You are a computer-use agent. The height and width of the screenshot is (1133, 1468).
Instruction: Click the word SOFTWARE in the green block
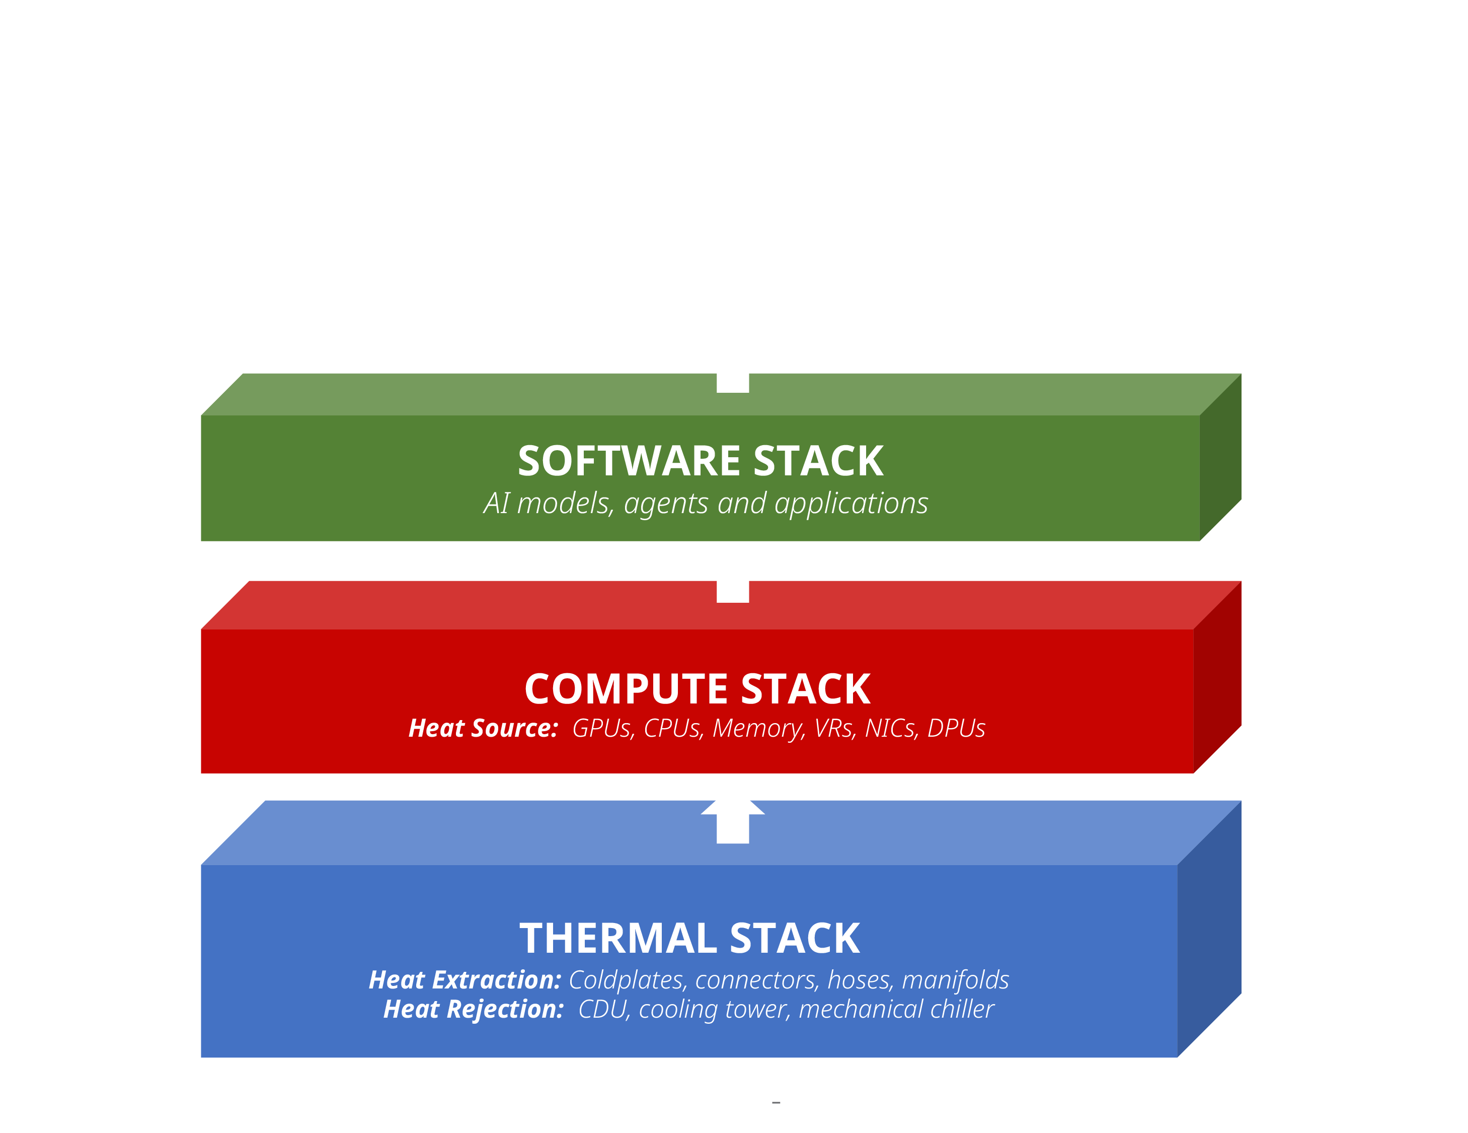pyautogui.click(x=629, y=461)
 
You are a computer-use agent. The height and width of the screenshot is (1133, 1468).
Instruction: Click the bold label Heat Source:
pyautogui.click(x=483, y=728)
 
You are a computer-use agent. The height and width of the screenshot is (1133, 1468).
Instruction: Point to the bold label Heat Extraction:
pyautogui.click(x=465, y=980)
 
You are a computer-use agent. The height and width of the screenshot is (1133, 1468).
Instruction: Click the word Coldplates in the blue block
pyautogui.click(x=626, y=980)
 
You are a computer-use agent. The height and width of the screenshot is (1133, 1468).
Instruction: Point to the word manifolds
pyautogui.click(x=955, y=980)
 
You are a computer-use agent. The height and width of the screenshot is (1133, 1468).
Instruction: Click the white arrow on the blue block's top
pyautogui.click(x=733, y=822)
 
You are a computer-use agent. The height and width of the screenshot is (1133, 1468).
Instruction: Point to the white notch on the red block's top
pyautogui.click(x=733, y=592)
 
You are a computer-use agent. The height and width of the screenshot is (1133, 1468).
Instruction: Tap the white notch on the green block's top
pyautogui.click(x=733, y=383)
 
